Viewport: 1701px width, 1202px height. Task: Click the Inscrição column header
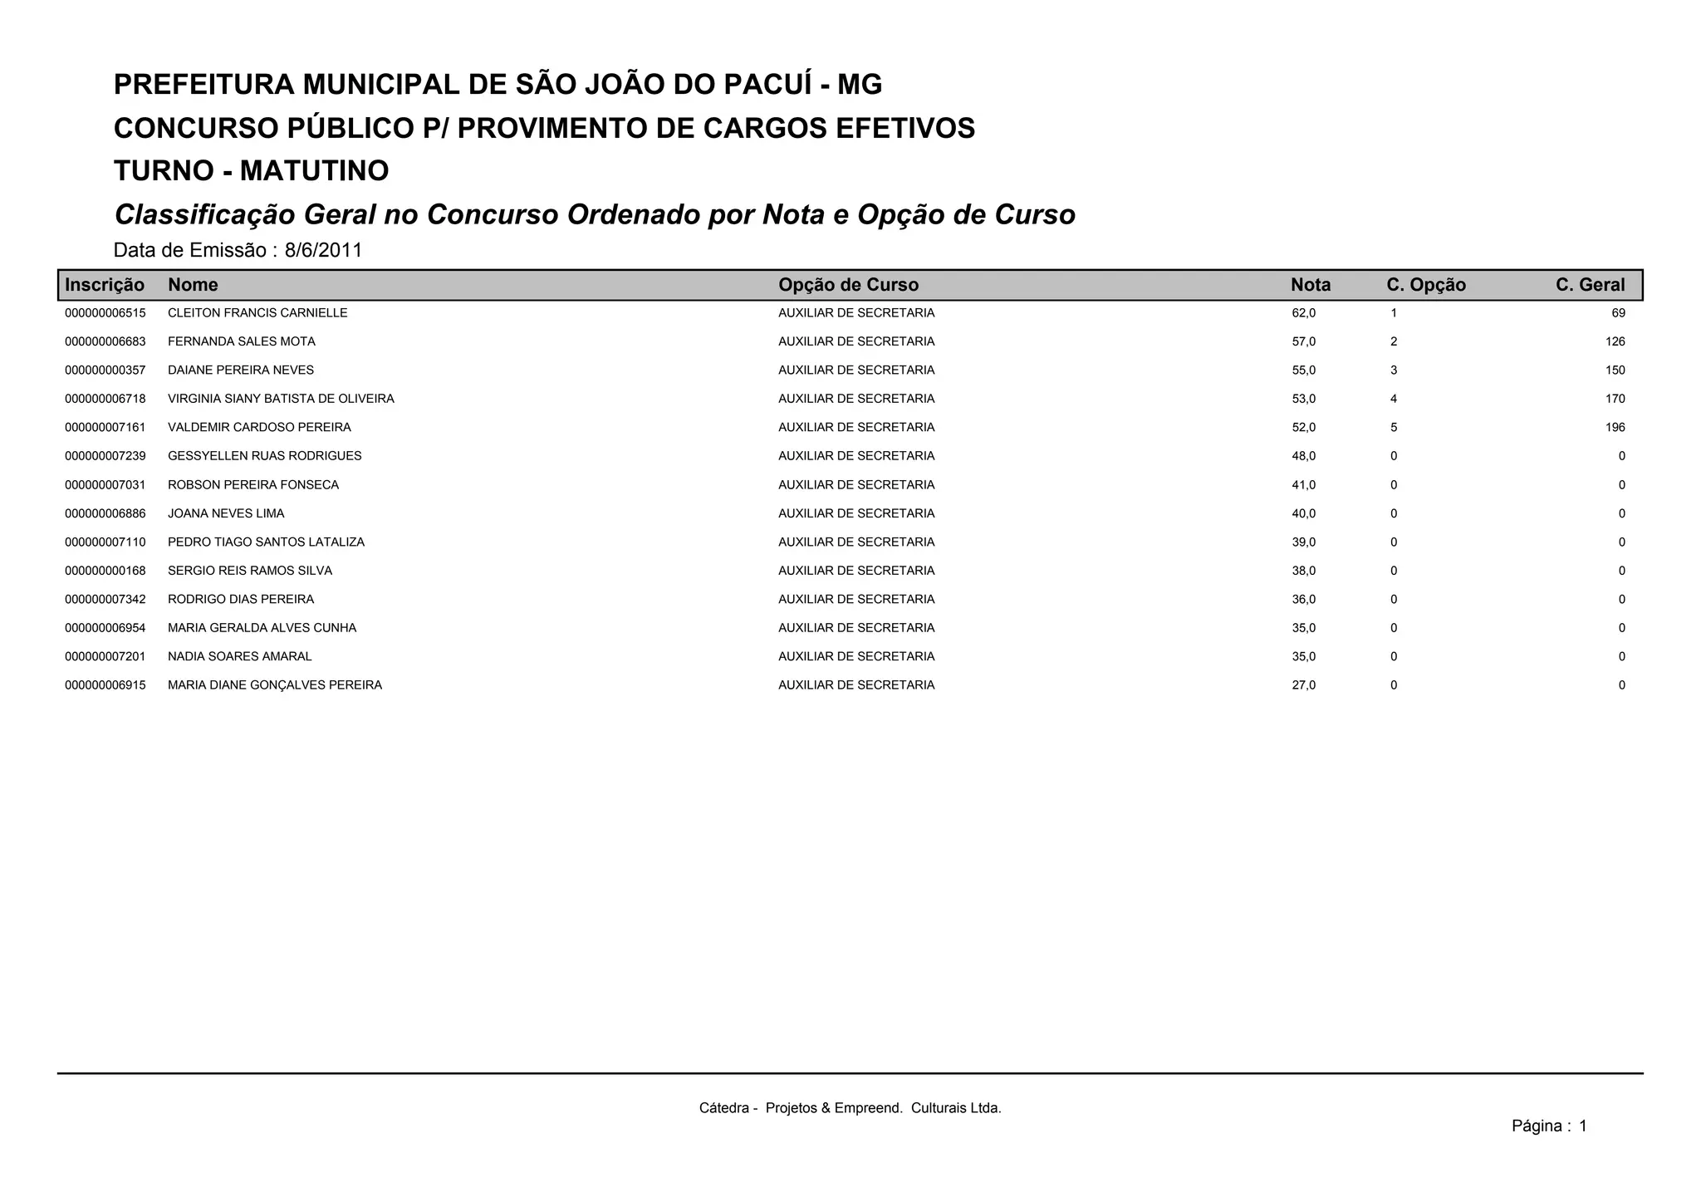105,285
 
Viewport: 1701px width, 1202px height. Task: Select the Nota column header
1310,285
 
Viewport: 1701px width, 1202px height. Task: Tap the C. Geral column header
1590,285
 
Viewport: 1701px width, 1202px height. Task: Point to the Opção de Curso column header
848,285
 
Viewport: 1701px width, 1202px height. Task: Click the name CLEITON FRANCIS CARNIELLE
257,313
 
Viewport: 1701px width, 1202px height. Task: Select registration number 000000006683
105,341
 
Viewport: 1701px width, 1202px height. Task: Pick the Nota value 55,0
1303,370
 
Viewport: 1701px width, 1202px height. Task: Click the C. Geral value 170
1615,399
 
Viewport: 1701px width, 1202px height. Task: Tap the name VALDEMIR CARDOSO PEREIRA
259,428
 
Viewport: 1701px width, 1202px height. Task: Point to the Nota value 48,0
1303,456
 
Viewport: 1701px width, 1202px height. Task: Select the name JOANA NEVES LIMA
226,513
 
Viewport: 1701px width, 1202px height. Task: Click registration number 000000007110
105,542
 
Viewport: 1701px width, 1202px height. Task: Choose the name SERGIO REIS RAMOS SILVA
250,571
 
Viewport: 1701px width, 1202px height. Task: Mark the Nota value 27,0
1303,685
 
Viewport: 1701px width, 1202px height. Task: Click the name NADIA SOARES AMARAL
240,657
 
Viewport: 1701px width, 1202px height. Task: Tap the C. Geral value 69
1618,313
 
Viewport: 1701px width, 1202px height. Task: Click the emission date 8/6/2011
323,250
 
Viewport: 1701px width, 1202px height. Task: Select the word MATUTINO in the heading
314,171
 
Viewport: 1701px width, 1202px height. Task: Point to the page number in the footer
1582,1126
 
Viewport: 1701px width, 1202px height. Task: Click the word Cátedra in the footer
723,1108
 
